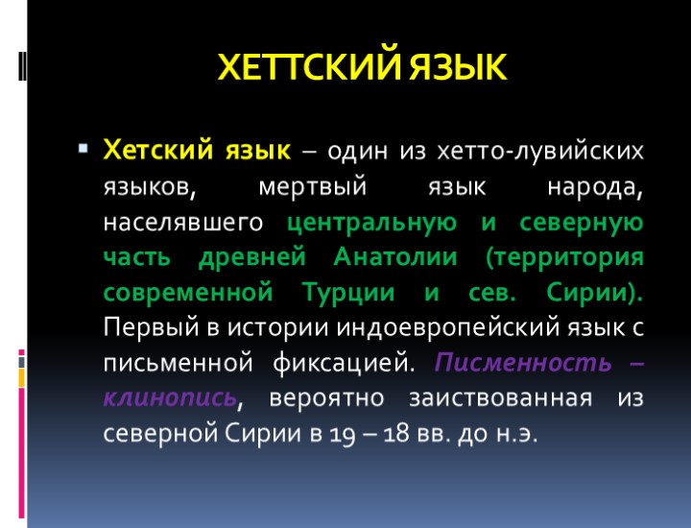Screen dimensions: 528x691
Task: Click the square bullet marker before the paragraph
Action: tap(83, 150)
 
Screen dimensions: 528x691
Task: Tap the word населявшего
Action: tap(183, 222)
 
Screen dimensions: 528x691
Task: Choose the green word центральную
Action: tap(371, 222)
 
